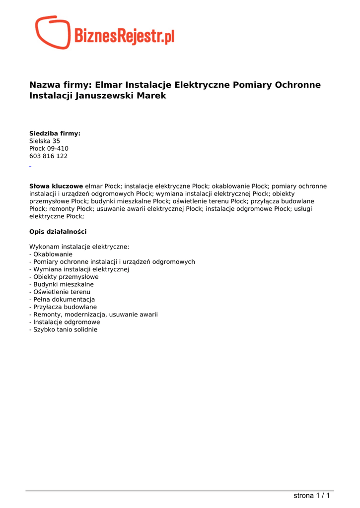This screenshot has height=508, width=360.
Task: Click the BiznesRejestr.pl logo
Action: (x=105, y=33)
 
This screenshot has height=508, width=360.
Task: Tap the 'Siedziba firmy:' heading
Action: (x=55, y=133)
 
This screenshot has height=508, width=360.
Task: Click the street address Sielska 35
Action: (x=45, y=141)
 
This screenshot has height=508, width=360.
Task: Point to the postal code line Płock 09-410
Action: (x=49, y=148)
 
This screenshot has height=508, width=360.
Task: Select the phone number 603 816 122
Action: (x=48, y=156)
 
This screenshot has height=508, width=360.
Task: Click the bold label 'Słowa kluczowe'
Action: (x=56, y=186)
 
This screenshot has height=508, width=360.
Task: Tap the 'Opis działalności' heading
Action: (x=58, y=232)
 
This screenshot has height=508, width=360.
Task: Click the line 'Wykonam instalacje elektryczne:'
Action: (x=79, y=247)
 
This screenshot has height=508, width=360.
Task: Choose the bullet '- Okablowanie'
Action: (x=51, y=254)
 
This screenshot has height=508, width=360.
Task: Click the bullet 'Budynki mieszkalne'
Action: (x=62, y=284)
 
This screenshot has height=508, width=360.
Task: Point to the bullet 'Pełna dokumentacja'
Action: (x=62, y=300)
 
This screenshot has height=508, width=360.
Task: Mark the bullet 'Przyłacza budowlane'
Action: (x=63, y=307)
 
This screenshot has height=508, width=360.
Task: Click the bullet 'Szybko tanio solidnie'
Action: (x=63, y=329)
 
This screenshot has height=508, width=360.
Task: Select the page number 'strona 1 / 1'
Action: (x=311, y=495)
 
